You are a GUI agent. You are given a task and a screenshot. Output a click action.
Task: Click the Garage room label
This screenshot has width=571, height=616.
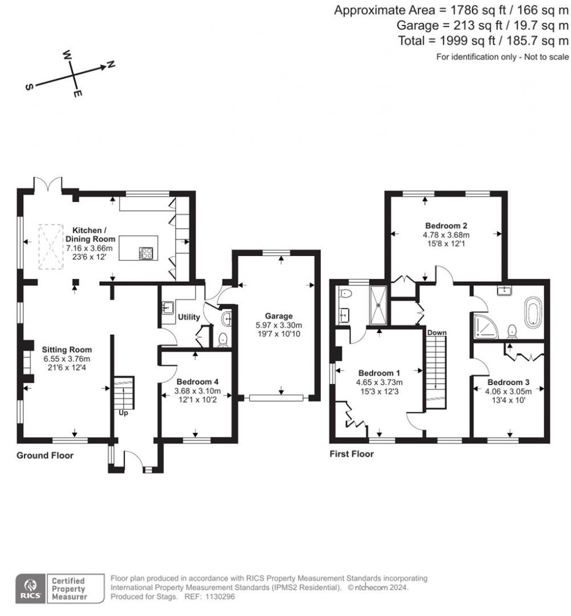pyautogui.click(x=277, y=316)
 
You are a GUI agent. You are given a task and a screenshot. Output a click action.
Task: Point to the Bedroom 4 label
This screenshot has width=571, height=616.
pyautogui.click(x=195, y=382)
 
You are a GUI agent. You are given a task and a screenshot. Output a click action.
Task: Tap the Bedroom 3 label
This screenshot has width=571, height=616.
pyautogui.click(x=509, y=383)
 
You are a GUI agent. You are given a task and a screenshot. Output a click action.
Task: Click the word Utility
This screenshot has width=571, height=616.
pyautogui.click(x=188, y=317)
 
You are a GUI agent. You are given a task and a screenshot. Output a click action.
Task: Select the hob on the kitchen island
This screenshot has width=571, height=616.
pyautogui.click(x=147, y=254)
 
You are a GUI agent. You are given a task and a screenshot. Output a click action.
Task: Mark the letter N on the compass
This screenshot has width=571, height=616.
pyautogui.click(x=110, y=65)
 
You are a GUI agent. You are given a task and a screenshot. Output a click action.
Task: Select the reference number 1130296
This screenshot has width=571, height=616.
pyautogui.click(x=221, y=596)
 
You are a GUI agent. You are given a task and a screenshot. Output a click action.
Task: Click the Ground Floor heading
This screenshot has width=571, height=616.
pyautogui.click(x=45, y=455)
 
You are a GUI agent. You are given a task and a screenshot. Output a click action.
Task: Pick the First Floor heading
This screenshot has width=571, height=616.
pyautogui.click(x=351, y=454)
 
